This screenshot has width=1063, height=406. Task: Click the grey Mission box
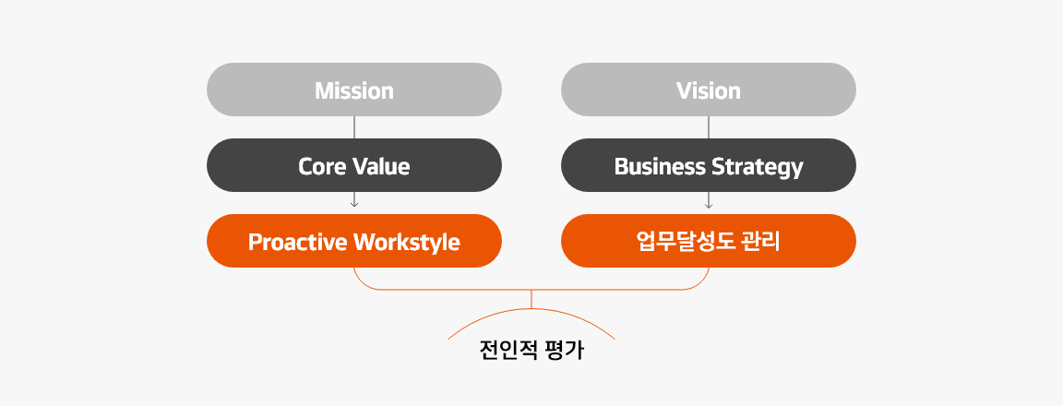click(x=354, y=90)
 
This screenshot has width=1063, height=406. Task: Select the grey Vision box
click(x=709, y=90)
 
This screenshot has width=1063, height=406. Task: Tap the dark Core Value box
click(x=354, y=166)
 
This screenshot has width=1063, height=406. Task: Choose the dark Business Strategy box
click(x=709, y=166)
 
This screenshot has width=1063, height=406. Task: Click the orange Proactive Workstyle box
click(x=354, y=242)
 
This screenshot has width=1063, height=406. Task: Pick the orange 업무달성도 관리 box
click(x=709, y=242)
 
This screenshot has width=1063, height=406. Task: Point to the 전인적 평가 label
click(x=531, y=352)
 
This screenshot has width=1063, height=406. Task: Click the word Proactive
click(x=294, y=242)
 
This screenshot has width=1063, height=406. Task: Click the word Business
click(x=659, y=166)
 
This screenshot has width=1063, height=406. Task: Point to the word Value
click(x=379, y=166)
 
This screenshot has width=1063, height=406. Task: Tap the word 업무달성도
click(x=686, y=242)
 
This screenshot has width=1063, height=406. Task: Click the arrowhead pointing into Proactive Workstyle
click(x=354, y=203)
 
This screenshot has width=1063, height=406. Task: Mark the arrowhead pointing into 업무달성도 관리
click(x=709, y=203)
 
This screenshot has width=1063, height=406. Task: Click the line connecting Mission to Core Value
click(x=354, y=127)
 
